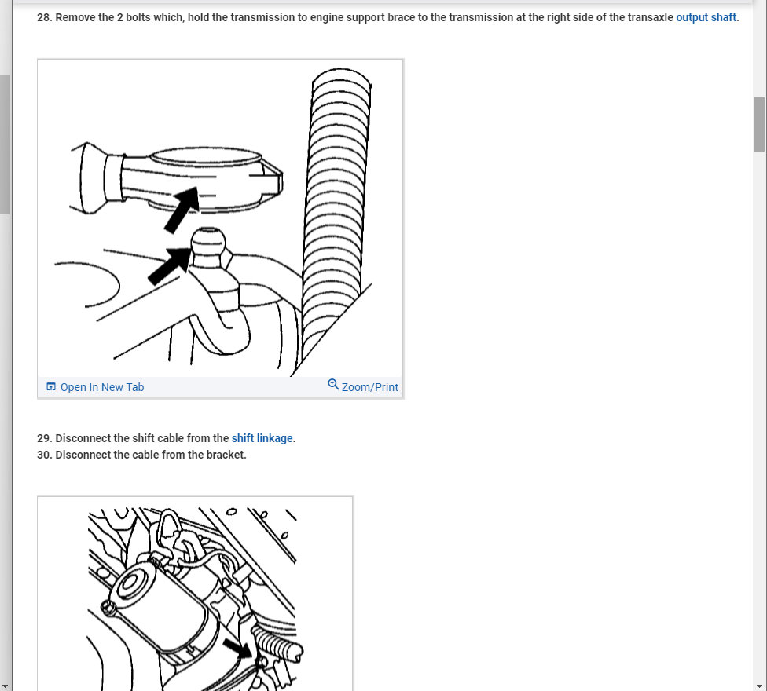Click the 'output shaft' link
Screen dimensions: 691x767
(x=706, y=17)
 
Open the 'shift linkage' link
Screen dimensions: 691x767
(x=262, y=438)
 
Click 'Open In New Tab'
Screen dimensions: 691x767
(x=101, y=387)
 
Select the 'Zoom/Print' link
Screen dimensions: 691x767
(x=369, y=387)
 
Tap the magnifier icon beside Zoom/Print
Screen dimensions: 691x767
(x=333, y=385)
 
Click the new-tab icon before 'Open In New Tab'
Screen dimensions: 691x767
(x=51, y=387)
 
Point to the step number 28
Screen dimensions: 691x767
(x=44, y=17)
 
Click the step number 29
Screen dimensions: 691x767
(x=44, y=438)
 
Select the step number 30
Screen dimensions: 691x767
(x=44, y=455)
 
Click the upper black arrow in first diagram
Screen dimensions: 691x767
(x=182, y=210)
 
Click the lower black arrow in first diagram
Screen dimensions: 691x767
(x=170, y=265)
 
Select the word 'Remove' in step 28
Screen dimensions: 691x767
(x=75, y=17)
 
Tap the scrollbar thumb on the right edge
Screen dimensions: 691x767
(x=759, y=124)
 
